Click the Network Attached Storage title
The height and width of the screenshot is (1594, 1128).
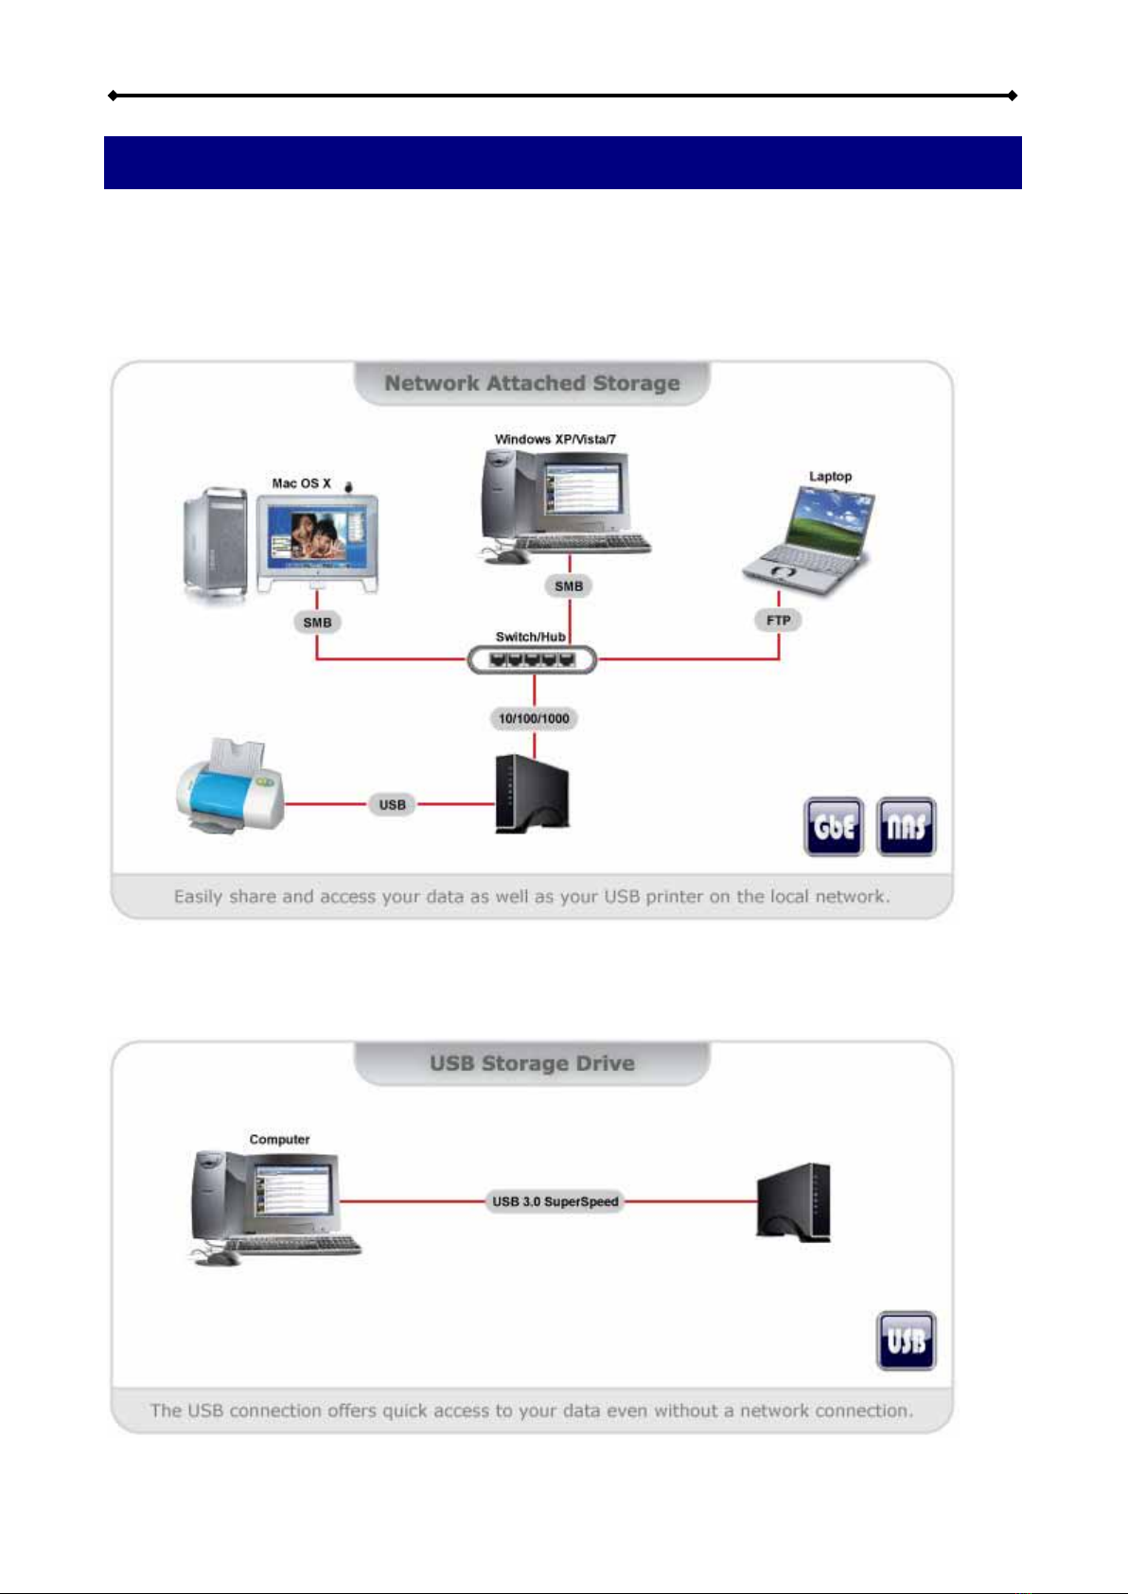coord(532,383)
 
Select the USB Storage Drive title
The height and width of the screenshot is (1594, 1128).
coord(532,1063)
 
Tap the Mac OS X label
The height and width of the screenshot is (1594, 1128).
coord(302,483)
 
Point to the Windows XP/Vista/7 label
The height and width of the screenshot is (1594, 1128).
coord(555,439)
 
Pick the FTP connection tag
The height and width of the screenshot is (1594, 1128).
coord(779,621)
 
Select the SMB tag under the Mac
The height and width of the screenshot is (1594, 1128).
coord(317,622)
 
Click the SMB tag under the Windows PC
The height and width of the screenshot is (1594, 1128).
coord(569,587)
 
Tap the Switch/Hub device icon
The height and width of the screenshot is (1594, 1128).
coord(532,659)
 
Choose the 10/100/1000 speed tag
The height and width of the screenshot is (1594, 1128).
coord(534,719)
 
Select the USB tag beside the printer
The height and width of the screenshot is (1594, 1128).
coord(393,805)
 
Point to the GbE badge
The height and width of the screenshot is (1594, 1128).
coord(834,827)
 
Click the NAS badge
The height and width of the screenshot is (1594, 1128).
coord(906,827)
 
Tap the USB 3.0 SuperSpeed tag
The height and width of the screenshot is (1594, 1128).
coord(555,1201)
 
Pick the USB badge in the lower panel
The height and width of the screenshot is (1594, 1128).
coord(906,1340)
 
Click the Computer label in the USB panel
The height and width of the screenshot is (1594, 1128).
coord(279,1140)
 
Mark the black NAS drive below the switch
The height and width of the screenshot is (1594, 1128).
coord(532,793)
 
